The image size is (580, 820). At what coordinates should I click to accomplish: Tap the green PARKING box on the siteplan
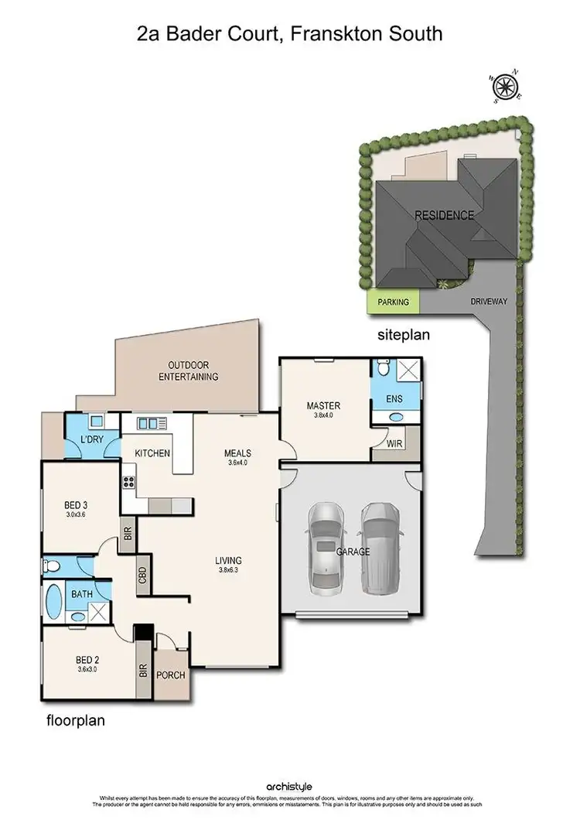tap(394, 302)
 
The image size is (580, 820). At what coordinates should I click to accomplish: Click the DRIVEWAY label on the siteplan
tap(488, 302)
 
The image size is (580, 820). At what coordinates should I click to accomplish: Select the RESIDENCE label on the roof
tap(444, 215)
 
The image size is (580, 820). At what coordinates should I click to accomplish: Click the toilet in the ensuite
tap(382, 369)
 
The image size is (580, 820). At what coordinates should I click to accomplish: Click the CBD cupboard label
tap(143, 576)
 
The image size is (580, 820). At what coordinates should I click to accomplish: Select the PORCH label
tap(171, 675)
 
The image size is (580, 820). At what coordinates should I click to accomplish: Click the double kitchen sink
tap(152, 423)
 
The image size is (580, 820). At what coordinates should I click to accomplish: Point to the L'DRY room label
tap(93, 440)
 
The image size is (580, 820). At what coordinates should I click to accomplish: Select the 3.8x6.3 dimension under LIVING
tap(229, 572)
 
